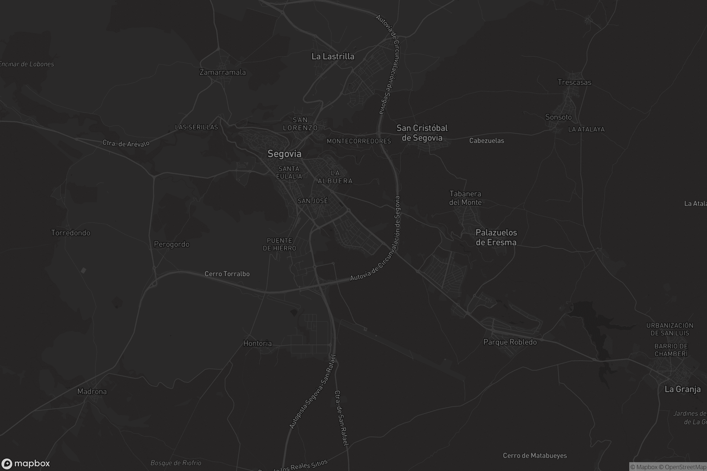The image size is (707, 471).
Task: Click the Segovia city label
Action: coord(284,154)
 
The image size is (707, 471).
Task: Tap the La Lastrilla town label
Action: coord(333,57)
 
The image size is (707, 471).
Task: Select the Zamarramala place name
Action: coord(223,72)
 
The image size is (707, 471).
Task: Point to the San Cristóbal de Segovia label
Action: coord(422,133)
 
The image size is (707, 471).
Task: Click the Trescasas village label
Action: coord(574,82)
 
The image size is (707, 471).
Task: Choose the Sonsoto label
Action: coord(559,117)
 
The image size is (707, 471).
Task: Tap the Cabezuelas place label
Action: coord(487,141)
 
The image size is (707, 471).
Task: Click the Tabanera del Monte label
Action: coord(465,198)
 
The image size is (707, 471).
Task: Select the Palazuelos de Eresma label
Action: coord(496,237)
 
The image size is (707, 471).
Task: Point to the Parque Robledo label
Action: coord(510,342)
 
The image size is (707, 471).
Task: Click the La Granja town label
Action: coord(683,389)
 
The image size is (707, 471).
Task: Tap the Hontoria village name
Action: coord(257,343)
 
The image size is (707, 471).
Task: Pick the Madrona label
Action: coord(92,392)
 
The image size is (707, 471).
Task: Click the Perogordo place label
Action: coord(172,244)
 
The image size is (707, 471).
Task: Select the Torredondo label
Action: coord(71,233)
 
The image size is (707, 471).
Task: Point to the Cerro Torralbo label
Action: coord(227,274)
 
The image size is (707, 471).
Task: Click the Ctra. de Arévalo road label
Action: coord(126,143)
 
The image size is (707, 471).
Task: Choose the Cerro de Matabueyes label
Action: coord(535,456)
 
